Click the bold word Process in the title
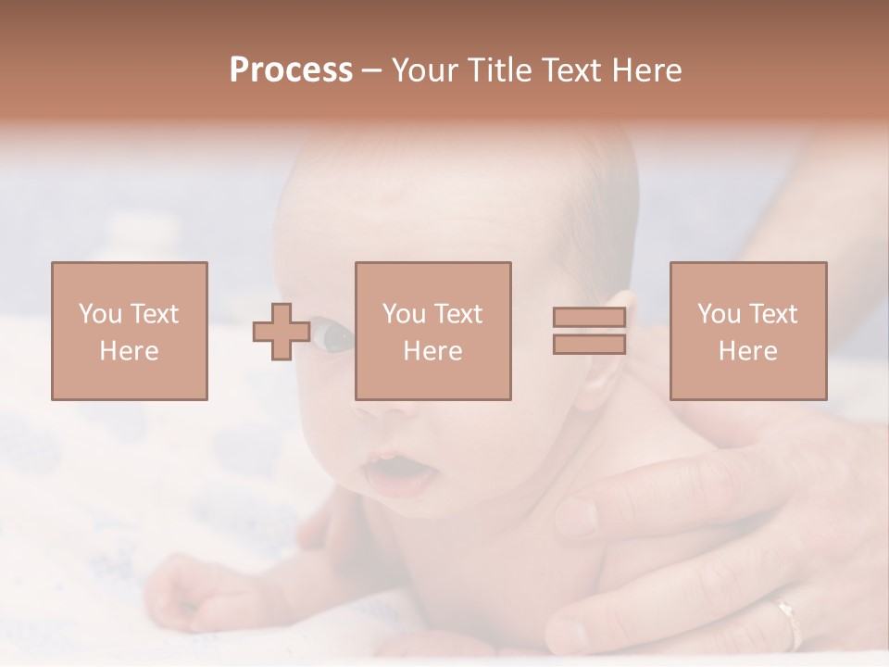coord(291,70)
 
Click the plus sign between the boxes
coord(282,332)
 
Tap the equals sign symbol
coord(589,331)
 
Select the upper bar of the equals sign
coord(589,318)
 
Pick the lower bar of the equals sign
coord(589,344)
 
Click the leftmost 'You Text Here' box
coord(129,331)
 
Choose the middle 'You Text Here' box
coord(432,331)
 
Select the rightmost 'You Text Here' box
coord(747,331)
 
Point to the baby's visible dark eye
coord(335,336)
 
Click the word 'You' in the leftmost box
coord(100,314)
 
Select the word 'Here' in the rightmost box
coord(747,351)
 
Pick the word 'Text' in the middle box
coord(458,314)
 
